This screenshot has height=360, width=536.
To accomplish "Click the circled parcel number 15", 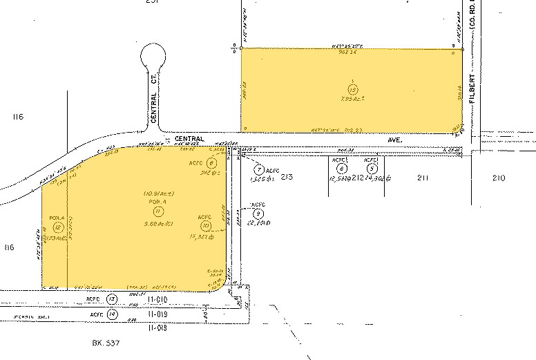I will [353, 89].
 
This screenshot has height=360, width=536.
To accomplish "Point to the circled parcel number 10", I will [205, 225].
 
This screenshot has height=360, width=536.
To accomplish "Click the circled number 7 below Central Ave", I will [258, 169].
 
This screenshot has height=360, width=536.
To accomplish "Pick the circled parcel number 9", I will [258, 213].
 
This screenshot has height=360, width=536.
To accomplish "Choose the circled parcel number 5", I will [372, 168].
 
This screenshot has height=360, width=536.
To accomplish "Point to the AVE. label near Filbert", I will [396, 138].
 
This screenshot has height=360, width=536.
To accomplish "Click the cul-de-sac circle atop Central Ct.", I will [153, 55].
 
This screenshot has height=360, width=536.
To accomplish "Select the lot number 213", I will [288, 178].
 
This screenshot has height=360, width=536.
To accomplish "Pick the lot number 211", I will [423, 178].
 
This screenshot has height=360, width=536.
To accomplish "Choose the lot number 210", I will [498, 178].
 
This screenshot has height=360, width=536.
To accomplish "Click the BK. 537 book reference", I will [106, 342].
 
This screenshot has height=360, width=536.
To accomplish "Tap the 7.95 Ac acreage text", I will [354, 100].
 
